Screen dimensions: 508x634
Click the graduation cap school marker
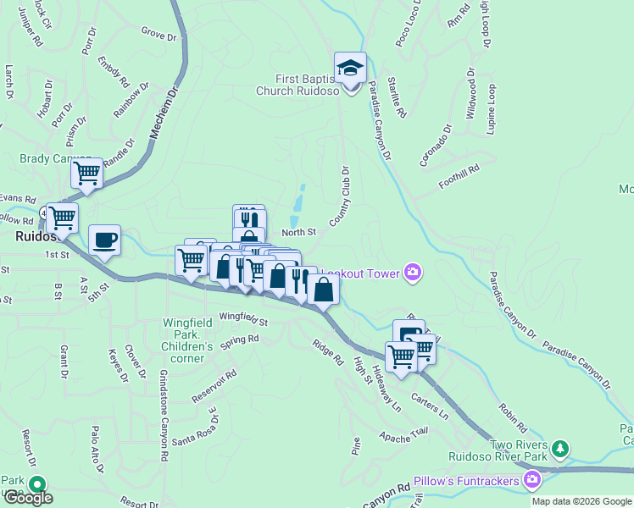[x=349, y=68]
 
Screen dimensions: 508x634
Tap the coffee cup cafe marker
[x=104, y=240]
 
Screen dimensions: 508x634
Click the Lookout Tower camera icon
[x=413, y=271]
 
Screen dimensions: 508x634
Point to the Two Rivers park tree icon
[x=559, y=447]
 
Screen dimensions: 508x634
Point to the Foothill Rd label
[x=459, y=176]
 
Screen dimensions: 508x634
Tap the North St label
[x=298, y=232]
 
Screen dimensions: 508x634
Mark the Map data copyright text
[x=581, y=501]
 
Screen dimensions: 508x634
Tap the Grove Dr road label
[x=158, y=36]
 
